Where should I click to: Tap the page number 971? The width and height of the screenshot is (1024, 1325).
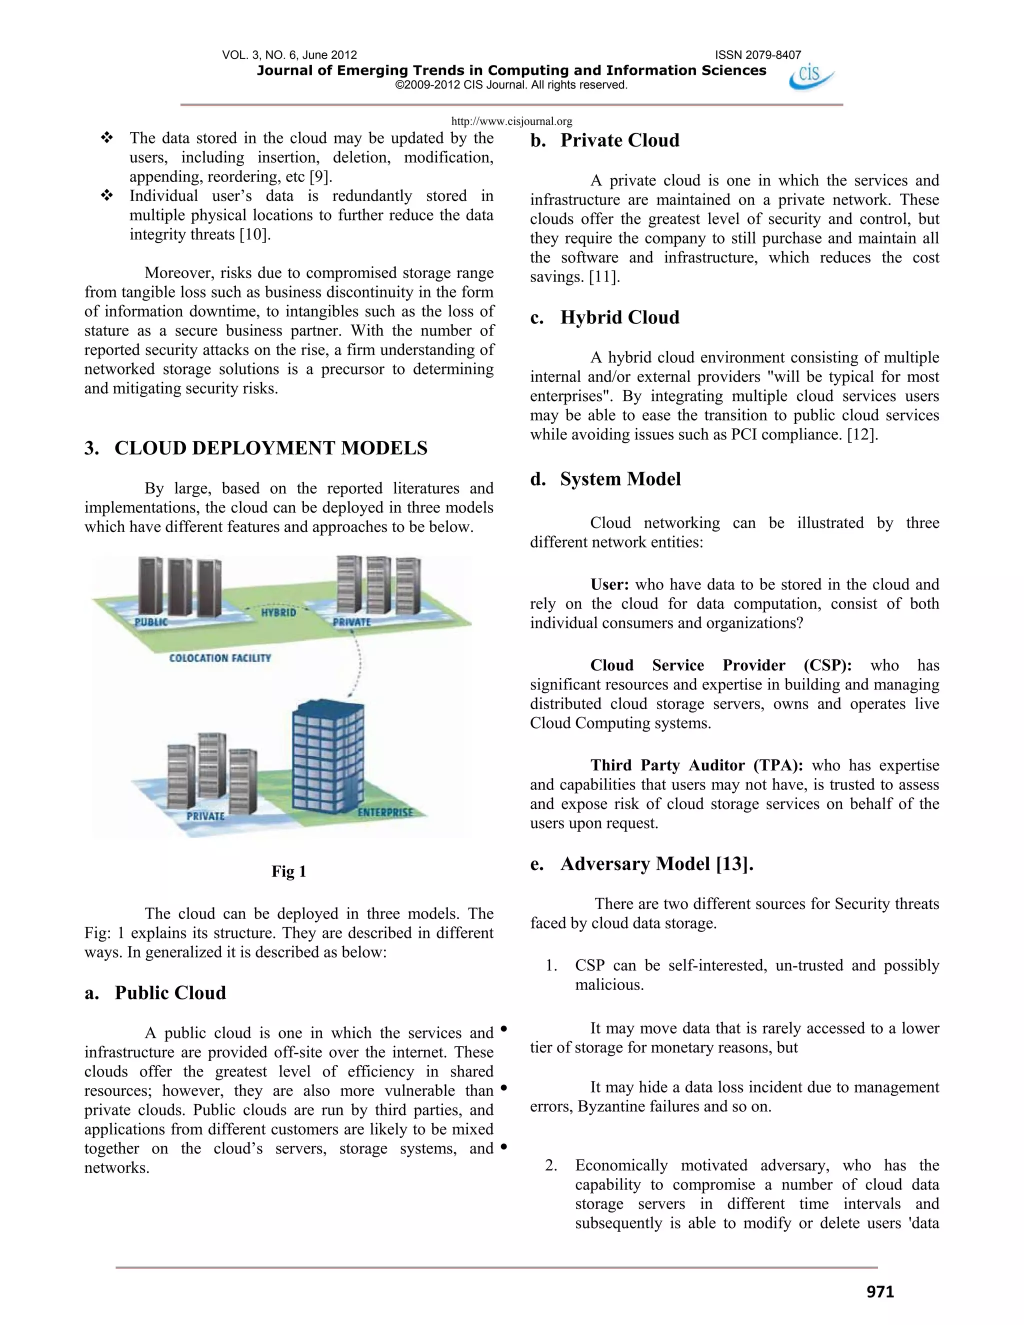pos(880,1291)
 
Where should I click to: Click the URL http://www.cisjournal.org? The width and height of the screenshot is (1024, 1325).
pos(511,121)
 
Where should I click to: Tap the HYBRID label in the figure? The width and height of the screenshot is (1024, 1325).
pos(278,613)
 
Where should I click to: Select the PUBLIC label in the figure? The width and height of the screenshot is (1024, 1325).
pos(151,622)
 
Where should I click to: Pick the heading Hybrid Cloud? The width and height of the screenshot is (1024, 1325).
pos(619,317)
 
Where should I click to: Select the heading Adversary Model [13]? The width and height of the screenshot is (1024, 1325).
pos(656,863)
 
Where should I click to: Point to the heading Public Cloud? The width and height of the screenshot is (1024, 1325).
pos(170,992)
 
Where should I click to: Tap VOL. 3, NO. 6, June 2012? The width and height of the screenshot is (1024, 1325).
pos(289,55)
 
